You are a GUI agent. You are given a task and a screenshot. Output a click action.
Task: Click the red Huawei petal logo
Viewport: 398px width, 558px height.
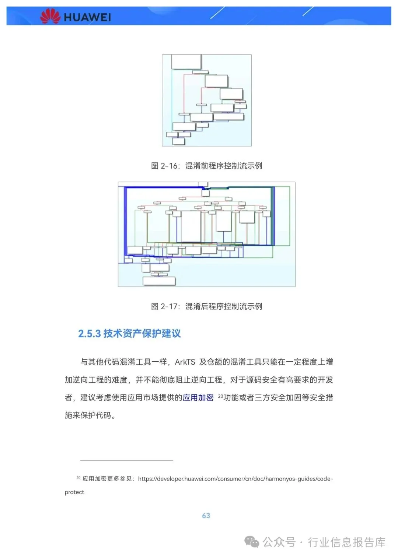pos(50,16)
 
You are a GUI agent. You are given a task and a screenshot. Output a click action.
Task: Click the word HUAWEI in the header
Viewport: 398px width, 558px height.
pos(87,17)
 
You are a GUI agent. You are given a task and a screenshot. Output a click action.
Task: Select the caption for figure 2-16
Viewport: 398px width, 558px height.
pos(206,166)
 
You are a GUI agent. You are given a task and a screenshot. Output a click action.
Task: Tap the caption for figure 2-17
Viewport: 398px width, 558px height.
pos(206,306)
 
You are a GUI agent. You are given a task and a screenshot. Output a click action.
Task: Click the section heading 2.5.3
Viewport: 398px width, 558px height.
pos(129,333)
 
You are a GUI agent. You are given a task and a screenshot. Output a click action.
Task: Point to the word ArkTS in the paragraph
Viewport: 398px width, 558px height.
pos(185,362)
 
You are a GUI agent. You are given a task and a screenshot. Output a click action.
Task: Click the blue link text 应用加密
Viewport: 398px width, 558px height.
pos(198,397)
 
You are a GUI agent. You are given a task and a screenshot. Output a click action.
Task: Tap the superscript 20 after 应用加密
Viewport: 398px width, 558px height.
pos(220,396)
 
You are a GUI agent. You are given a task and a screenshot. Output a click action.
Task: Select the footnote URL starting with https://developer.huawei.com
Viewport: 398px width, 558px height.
pos(235,479)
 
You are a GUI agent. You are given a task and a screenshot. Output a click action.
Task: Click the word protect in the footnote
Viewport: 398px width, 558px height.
pos(74,492)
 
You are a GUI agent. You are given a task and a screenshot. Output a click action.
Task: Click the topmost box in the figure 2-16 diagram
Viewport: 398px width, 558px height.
pos(186,62)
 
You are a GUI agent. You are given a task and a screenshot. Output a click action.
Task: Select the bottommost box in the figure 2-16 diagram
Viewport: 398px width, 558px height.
pos(179,141)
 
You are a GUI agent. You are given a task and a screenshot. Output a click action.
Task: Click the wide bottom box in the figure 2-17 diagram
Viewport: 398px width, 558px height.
pos(159,281)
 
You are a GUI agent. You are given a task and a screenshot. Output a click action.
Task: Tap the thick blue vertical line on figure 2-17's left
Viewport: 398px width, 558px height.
pos(126,221)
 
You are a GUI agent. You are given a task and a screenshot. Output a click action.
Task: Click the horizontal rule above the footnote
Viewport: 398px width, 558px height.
pos(127,461)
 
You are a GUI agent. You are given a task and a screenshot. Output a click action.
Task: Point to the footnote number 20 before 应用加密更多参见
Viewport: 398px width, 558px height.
pos(78,477)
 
